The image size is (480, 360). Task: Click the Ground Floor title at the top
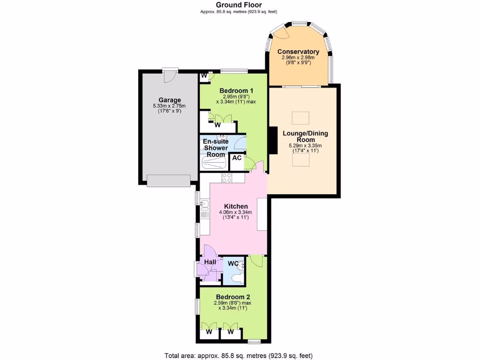click(240, 5)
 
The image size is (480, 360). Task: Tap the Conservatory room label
click(298, 52)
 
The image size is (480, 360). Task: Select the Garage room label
click(169, 100)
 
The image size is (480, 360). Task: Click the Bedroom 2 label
click(233, 297)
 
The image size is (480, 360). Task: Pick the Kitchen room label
click(236, 206)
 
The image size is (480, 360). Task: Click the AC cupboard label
click(237, 158)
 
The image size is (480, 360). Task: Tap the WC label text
click(232, 263)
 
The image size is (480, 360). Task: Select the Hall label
click(210, 262)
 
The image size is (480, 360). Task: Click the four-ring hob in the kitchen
click(227, 178)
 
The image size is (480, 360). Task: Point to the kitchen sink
click(204, 204)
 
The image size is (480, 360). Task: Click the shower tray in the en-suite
click(214, 162)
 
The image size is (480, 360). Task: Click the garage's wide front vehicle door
click(169, 180)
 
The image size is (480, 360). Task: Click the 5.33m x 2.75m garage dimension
click(169, 106)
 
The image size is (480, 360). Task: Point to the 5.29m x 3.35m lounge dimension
click(305, 146)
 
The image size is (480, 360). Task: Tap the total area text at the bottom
click(240, 355)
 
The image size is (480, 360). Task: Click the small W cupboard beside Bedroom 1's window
click(204, 75)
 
